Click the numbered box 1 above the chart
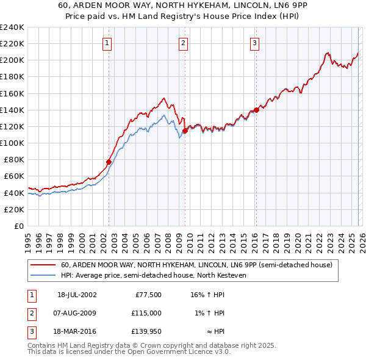coord(107,43)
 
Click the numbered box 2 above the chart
coord(183,43)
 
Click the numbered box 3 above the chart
coord(254,43)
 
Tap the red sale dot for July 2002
coord(109,162)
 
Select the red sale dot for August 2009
coord(185,130)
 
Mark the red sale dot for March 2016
coord(256,110)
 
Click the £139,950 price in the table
coord(146,331)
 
